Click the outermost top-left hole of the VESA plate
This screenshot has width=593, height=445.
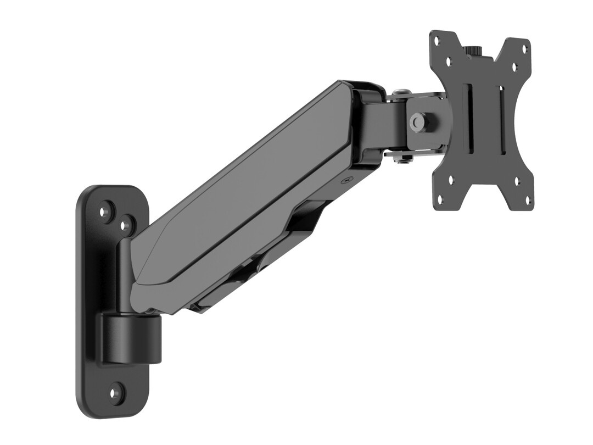coord(437,41)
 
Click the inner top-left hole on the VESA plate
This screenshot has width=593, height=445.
coord(449,62)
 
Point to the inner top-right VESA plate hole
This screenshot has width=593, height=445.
coord(514,67)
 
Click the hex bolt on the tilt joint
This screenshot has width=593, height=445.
coord(419,120)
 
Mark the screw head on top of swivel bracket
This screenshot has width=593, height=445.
coord(401,92)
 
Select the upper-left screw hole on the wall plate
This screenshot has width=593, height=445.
coord(105,210)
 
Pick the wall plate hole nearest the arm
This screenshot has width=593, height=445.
coord(127,225)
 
